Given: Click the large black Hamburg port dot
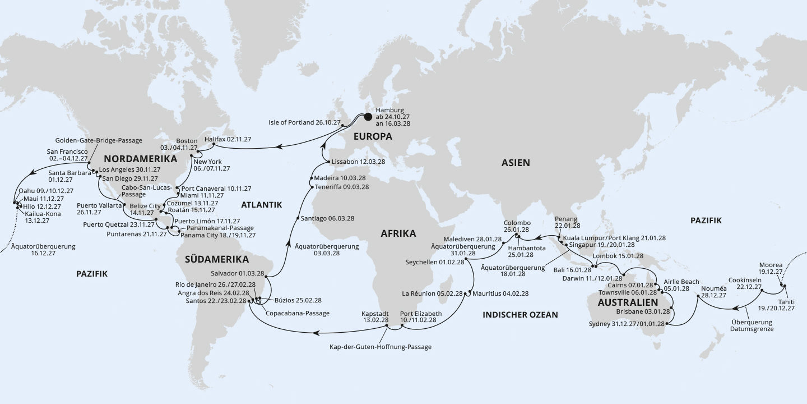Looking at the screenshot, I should pos(368,117).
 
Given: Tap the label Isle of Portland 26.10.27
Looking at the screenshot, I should pos(305,121).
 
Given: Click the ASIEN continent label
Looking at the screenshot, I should pos(516,163).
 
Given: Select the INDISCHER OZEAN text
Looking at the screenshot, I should pos(520,315).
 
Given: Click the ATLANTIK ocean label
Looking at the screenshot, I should pos(261,205).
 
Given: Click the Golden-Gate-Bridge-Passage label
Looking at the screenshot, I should pos(99,140).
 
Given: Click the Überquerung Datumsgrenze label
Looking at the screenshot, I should pos(752,326).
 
